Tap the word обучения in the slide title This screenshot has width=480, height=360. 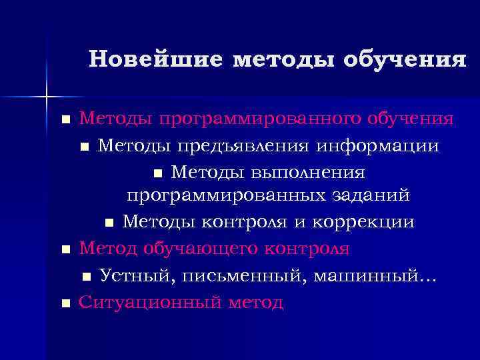(x=405, y=59)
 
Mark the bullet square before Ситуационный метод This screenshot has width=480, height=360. (x=65, y=303)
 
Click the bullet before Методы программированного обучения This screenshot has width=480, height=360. (x=65, y=121)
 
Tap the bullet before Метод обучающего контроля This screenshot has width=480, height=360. (x=65, y=250)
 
